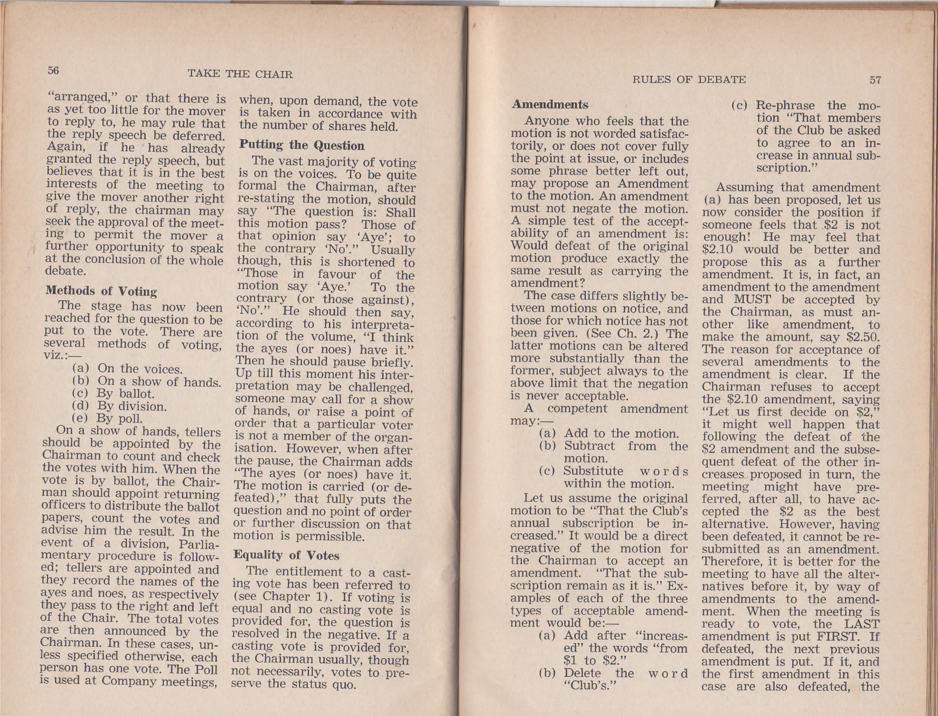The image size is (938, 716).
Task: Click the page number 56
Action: click(53, 71)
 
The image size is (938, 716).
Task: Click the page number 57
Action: click(875, 80)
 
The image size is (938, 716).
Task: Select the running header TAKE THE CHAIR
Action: click(240, 74)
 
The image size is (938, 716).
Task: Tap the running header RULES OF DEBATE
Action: click(689, 80)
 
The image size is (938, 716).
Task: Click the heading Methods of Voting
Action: click(101, 291)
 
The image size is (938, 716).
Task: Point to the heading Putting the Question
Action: click(302, 145)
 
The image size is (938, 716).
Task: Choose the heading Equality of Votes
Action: click(287, 555)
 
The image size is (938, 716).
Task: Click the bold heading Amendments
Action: click(550, 105)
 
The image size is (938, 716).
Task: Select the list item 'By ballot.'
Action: click(125, 394)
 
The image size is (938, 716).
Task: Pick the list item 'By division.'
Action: click(131, 406)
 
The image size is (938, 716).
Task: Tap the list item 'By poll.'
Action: click(119, 418)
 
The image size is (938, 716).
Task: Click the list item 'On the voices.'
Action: click(140, 369)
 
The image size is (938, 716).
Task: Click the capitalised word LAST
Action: click(862, 624)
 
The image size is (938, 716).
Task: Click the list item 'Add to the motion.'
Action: click(620, 433)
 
